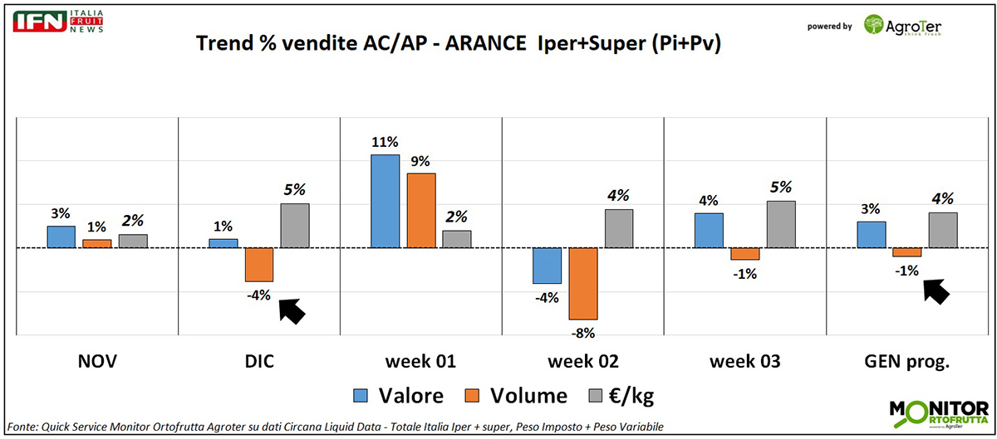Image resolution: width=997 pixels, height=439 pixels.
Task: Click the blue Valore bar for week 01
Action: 385,201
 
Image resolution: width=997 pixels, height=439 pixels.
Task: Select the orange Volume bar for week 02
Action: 583,283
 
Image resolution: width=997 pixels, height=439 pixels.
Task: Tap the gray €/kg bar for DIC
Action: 294,226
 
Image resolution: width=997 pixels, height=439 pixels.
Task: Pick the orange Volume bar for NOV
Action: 96,243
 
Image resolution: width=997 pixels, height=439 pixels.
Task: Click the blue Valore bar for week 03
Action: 709,230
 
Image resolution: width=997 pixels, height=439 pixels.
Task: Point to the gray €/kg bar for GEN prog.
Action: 943,230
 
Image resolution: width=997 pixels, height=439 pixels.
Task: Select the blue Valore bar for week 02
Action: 547,266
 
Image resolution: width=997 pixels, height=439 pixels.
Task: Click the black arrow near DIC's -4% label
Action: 292,310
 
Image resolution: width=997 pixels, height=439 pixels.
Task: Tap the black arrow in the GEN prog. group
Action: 936,290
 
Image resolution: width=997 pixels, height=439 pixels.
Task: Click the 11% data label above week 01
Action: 385,142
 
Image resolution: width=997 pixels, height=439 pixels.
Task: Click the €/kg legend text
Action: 631,396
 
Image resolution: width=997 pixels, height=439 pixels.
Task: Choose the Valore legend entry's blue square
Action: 361,396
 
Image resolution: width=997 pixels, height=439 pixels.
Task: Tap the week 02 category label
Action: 583,362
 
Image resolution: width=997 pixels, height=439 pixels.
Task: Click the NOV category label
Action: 96,362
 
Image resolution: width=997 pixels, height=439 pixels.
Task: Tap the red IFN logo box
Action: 40,21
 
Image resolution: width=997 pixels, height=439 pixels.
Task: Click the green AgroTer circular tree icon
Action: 874,24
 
